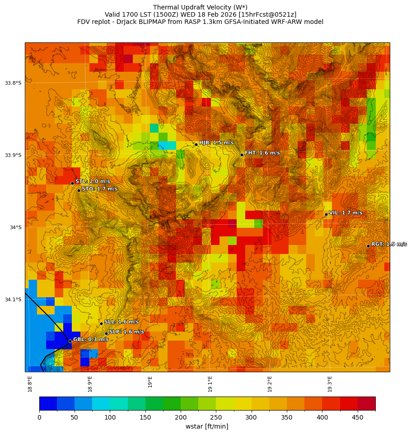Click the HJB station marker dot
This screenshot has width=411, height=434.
point(196,144)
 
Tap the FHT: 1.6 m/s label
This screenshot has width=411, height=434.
point(262,153)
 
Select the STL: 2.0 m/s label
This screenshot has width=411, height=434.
point(93,181)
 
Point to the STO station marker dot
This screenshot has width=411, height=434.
point(79,190)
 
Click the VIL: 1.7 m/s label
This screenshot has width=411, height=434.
point(346,212)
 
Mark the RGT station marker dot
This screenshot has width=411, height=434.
point(368,246)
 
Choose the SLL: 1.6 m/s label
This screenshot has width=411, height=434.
point(121,322)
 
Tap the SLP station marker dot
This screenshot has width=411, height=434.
point(107,333)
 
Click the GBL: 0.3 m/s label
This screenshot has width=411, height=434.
point(91,339)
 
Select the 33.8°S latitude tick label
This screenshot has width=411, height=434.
point(13,83)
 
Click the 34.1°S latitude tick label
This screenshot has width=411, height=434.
point(13,300)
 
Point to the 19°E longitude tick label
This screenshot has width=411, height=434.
point(150,381)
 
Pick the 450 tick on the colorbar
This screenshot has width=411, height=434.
point(358,417)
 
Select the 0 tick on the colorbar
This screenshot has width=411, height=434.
point(39,417)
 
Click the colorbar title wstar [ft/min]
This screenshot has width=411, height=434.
point(207,426)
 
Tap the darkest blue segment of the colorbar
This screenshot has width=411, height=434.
point(48,403)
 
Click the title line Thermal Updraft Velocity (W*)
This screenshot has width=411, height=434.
point(200,7)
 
